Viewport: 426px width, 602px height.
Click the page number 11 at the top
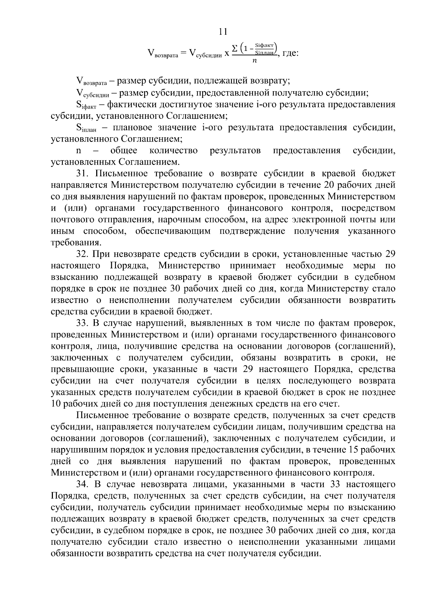[223, 32]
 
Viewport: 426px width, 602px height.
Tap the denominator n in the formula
[254, 61]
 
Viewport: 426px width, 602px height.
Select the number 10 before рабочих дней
[56, 404]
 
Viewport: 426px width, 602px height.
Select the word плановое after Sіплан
[128, 127]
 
